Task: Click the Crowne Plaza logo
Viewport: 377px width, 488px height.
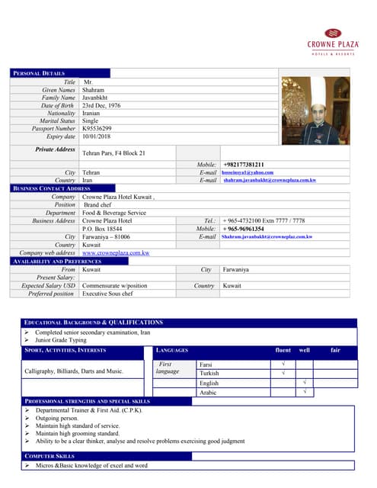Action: pyautogui.click(x=332, y=42)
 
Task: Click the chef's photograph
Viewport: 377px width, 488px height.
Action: pyautogui.click(x=316, y=111)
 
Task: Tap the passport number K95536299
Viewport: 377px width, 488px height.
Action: pyautogui.click(x=96, y=129)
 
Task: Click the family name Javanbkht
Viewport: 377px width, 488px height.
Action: pyautogui.click(x=101, y=98)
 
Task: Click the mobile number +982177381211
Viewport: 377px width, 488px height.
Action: pyautogui.click(x=244, y=165)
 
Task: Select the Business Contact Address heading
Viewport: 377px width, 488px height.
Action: pyautogui.click(x=53, y=188)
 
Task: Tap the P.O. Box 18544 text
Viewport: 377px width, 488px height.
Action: pyautogui.click(x=103, y=229)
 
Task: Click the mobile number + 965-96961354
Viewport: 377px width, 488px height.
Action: pyautogui.click(x=244, y=229)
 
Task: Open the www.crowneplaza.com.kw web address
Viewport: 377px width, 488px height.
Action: pyautogui.click(x=115, y=252)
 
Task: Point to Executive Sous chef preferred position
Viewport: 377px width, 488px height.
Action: pyautogui.click(x=107, y=293)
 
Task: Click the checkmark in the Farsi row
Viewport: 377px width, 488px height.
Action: pyautogui.click(x=283, y=364)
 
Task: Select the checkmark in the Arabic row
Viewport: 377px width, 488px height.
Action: pyautogui.click(x=304, y=392)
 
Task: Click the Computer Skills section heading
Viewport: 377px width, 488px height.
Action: pyautogui.click(x=50, y=456)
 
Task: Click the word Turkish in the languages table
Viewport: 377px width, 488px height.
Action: pyautogui.click(x=209, y=374)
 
